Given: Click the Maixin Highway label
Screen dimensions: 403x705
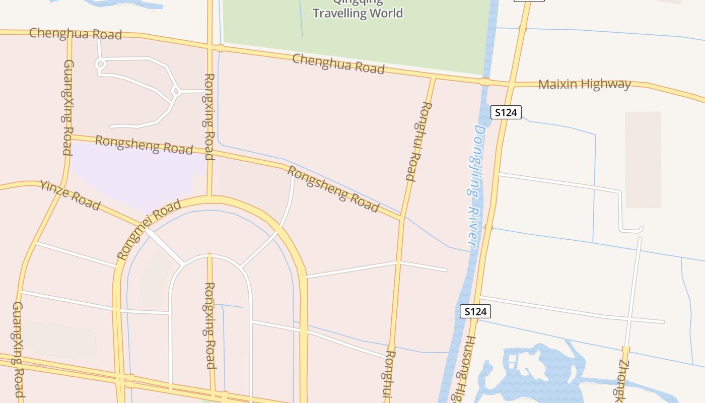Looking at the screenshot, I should (x=584, y=84).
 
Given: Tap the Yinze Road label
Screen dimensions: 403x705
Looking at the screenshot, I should (x=70, y=195).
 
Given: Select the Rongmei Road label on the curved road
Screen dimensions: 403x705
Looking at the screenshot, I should (x=149, y=230).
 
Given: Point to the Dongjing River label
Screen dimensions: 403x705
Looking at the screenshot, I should (x=474, y=186).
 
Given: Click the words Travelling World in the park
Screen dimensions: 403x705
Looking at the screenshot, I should (x=358, y=13).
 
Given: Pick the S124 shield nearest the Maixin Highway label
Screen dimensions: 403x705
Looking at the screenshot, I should (x=506, y=112).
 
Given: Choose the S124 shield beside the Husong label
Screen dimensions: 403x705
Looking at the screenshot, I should (x=475, y=311).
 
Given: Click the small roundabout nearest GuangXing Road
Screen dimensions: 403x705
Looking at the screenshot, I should (x=100, y=64).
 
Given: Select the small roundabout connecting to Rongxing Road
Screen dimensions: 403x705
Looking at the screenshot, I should (x=175, y=92).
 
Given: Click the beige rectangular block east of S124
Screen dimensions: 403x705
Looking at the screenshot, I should (x=643, y=159).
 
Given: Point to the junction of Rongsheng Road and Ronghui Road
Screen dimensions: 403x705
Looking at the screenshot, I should (x=401, y=218).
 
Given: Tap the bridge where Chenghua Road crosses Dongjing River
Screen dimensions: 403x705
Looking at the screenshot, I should (x=485, y=82).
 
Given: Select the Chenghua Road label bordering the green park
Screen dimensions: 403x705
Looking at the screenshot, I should (x=338, y=64).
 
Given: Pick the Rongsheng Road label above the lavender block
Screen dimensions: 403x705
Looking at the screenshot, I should (x=144, y=145).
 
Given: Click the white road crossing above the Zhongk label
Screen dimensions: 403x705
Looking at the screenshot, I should (x=629, y=319).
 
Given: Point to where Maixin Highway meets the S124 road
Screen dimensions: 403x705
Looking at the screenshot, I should (x=511, y=85).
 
